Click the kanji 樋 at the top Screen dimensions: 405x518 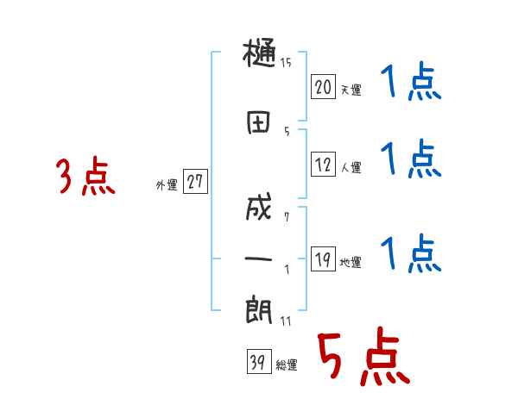[x=259, y=55]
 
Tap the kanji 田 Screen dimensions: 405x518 [x=258, y=122]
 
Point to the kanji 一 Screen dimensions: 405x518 [x=258, y=258]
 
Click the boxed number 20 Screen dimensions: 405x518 [x=323, y=87]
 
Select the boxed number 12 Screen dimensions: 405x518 [x=323, y=165]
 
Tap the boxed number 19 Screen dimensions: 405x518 [x=323, y=259]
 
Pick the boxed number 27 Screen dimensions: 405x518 [x=195, y=183]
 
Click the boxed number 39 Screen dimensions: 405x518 [x=256, y=363]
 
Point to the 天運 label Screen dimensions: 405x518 [x=351, y=90]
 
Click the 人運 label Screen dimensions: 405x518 [x=351, y=167]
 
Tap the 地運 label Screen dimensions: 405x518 [x=351, y=262]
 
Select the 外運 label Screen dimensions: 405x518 [x=166, y=185]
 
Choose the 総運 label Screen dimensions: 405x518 [x=287, y=365]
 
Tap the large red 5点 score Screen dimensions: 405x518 [x=361, y=357]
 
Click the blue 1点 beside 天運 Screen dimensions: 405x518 [x=411, y=84]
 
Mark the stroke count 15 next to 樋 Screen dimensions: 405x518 [x=286, y=62]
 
